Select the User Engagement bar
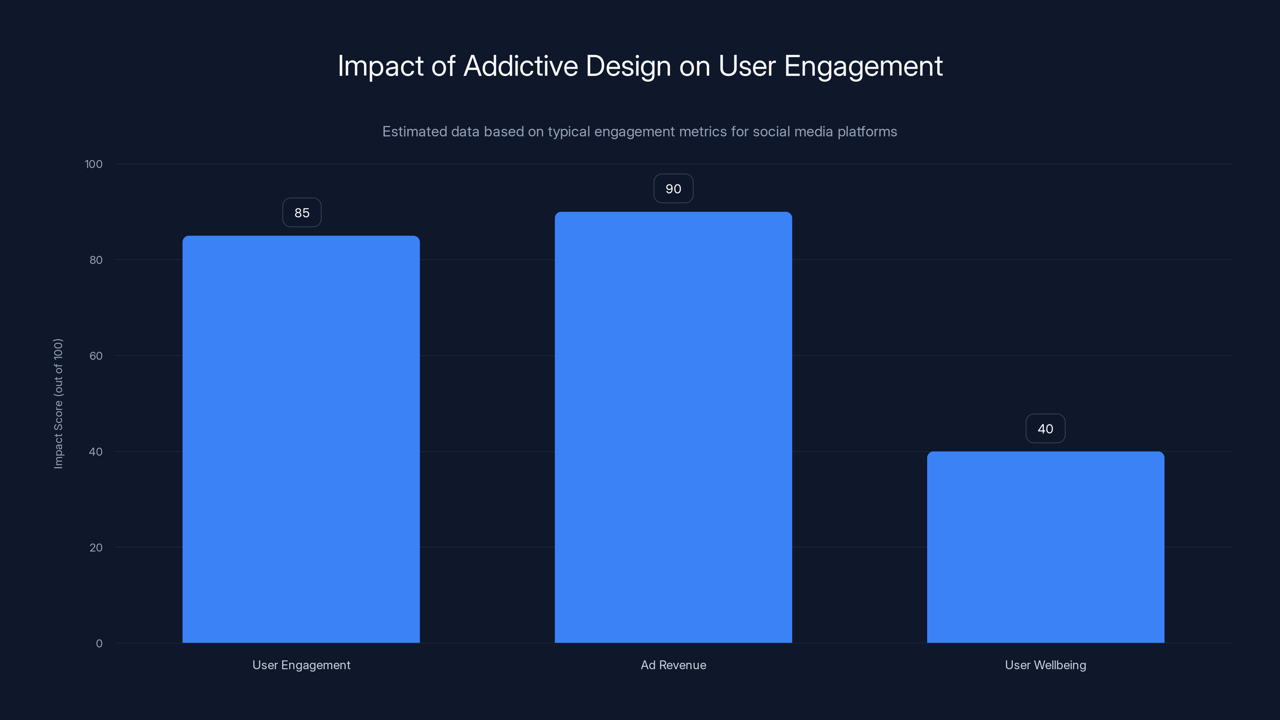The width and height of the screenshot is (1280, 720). click(301, 439)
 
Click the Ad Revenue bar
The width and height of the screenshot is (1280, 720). click(673, 427)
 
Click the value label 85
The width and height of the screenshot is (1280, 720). click(302, 213)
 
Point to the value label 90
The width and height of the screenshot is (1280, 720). click(673, 189)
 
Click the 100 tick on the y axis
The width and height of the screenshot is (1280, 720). click(94, 164)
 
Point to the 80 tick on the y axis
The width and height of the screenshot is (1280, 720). click(96, 260)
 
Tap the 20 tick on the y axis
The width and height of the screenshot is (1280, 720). click(96, 548)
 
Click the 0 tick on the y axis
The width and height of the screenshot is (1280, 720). click(99, 644)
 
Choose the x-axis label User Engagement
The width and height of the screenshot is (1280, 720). click(301, 665)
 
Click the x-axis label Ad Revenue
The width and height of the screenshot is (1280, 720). click(673, 665)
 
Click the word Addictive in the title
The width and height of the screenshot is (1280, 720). click(520, 66)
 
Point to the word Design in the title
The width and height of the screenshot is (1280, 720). click(628, 66)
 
